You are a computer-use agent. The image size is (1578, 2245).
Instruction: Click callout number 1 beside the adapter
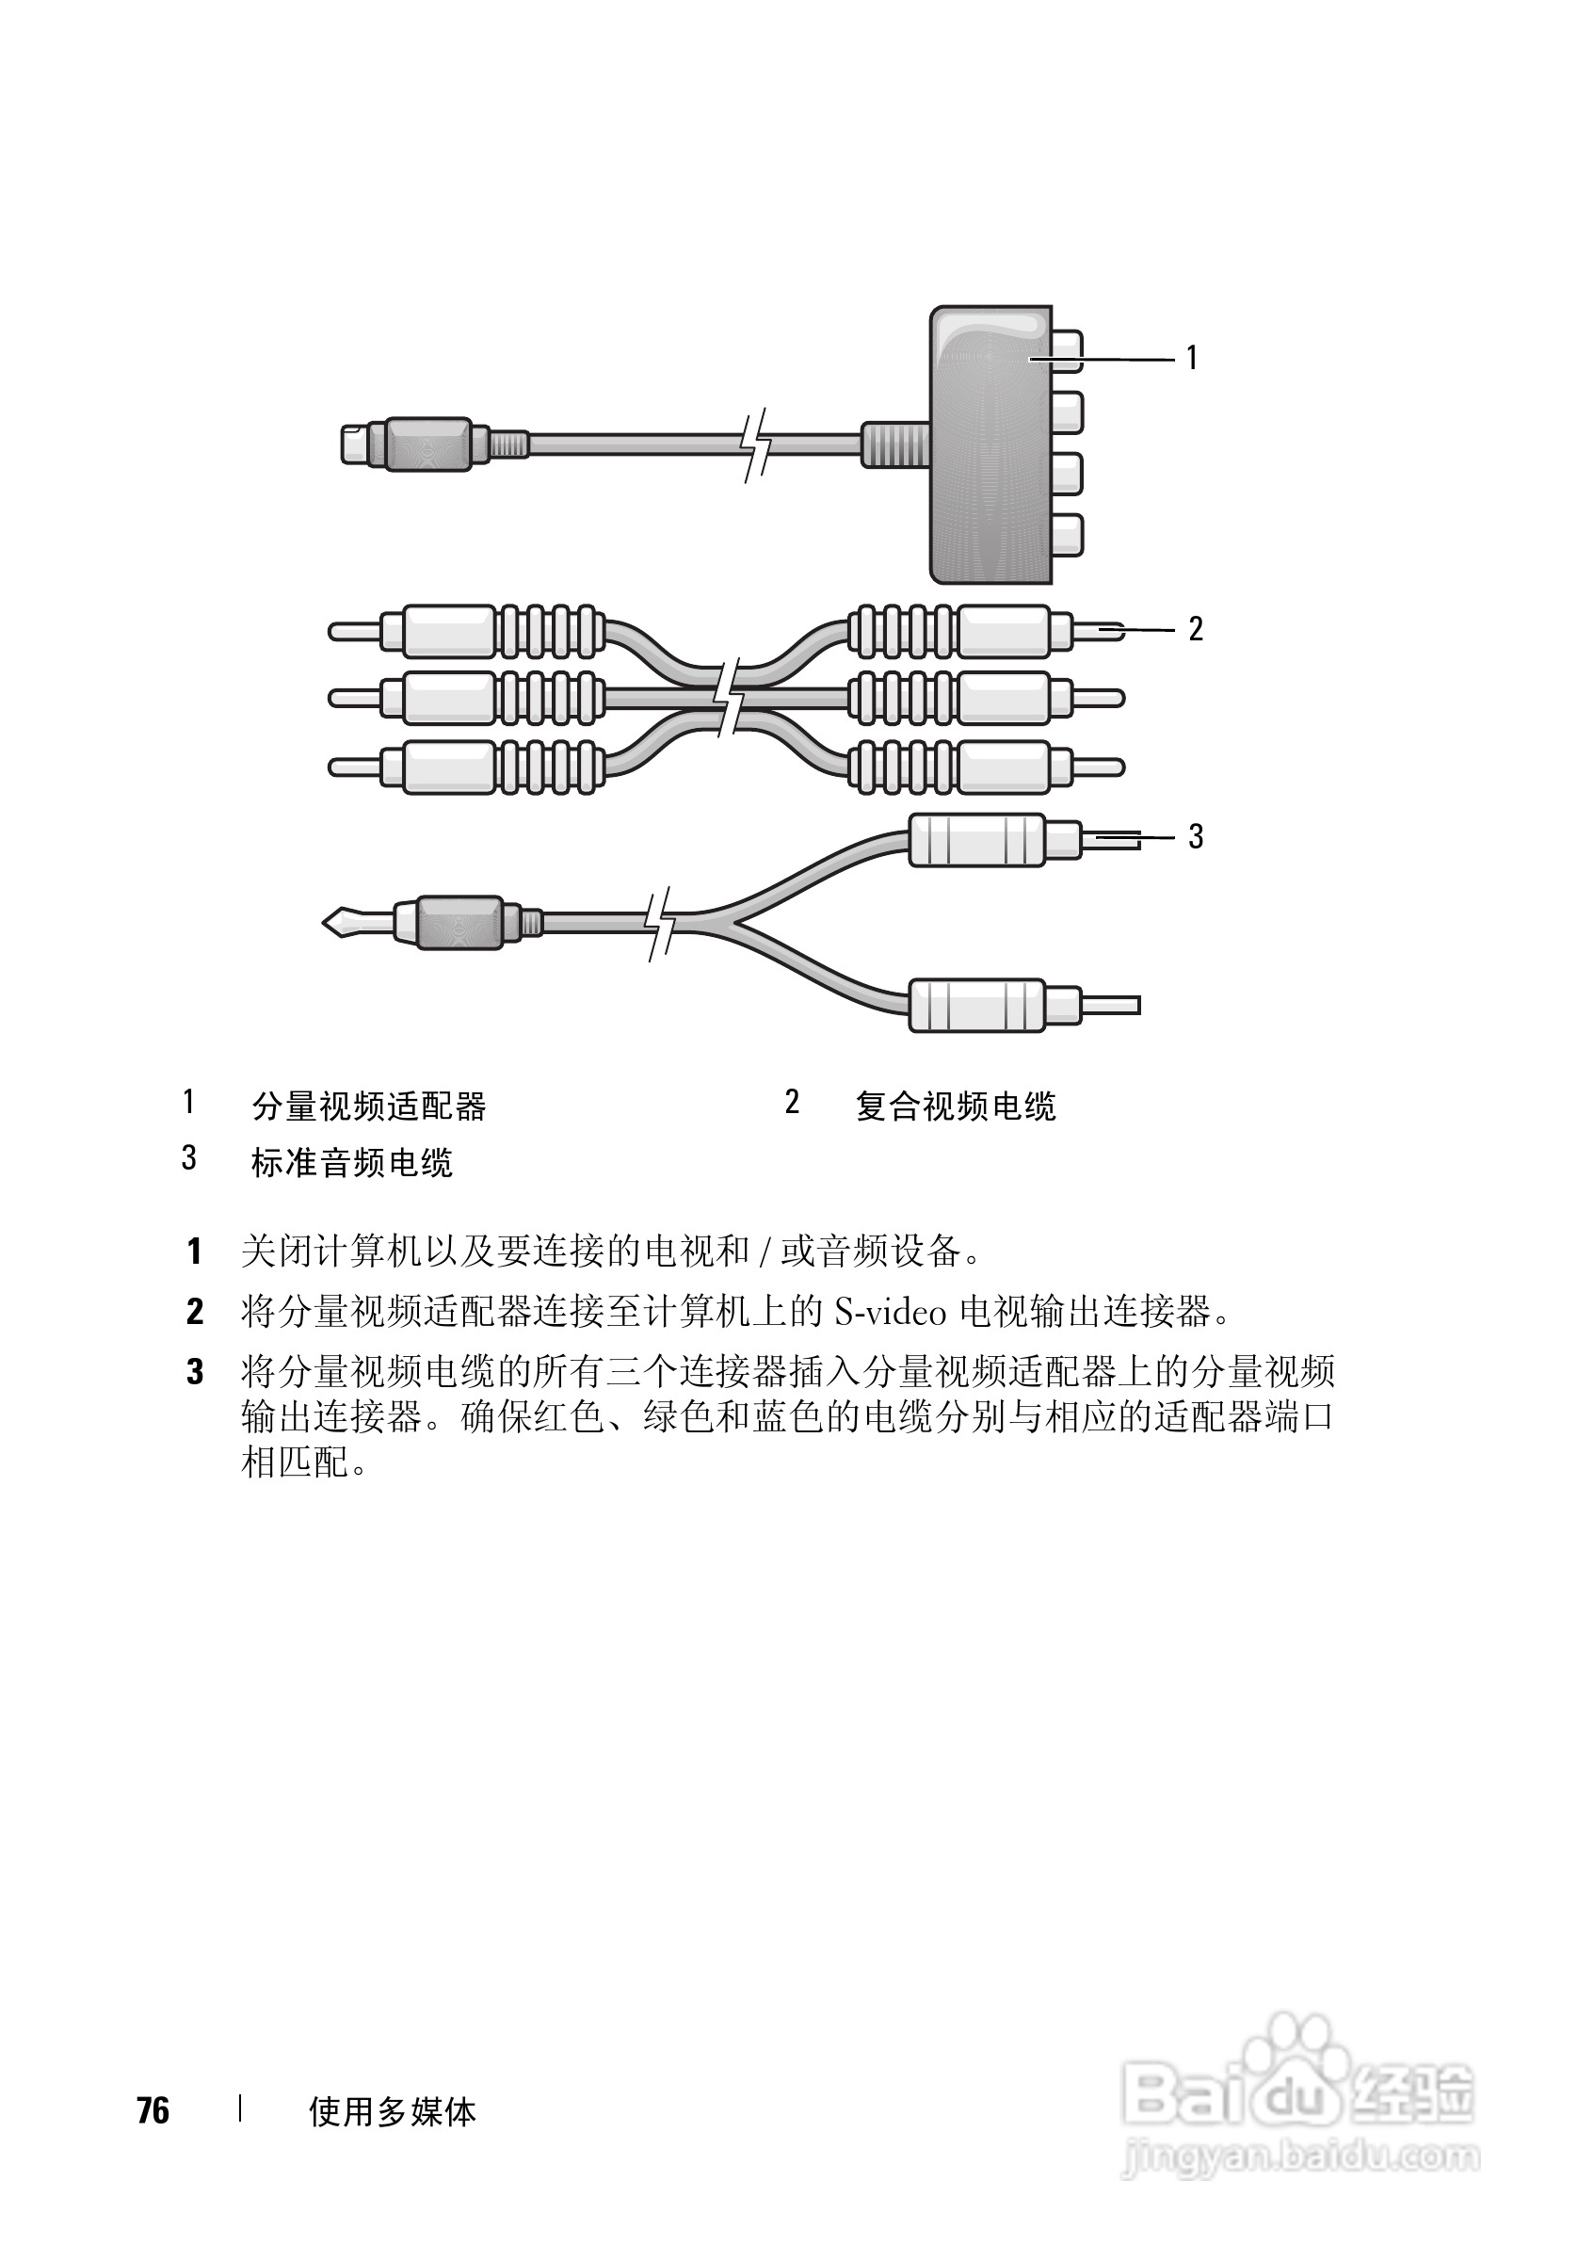tap(1192, 359)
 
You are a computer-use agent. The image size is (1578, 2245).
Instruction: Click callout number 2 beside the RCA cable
tap(1195, 630)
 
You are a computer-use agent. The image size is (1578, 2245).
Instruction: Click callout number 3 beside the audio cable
tap(1195, 837)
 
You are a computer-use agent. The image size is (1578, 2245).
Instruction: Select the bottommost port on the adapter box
tap(1067, 535)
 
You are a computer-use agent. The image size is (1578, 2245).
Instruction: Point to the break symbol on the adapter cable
tap(755, 445)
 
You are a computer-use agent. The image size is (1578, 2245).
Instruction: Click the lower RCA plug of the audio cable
tap(977, 1005)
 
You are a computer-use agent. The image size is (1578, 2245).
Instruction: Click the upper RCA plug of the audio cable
tap(977, 840)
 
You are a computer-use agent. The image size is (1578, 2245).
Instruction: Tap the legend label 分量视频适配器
tap(368, 1106)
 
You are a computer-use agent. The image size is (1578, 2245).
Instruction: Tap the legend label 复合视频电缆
tap(956, 1106)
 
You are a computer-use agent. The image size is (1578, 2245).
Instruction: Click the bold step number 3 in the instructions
tap(196, 1372)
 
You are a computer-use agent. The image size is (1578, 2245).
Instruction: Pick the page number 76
tap(153, 2111)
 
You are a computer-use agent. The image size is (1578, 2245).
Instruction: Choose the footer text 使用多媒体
tap(392, 2112)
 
